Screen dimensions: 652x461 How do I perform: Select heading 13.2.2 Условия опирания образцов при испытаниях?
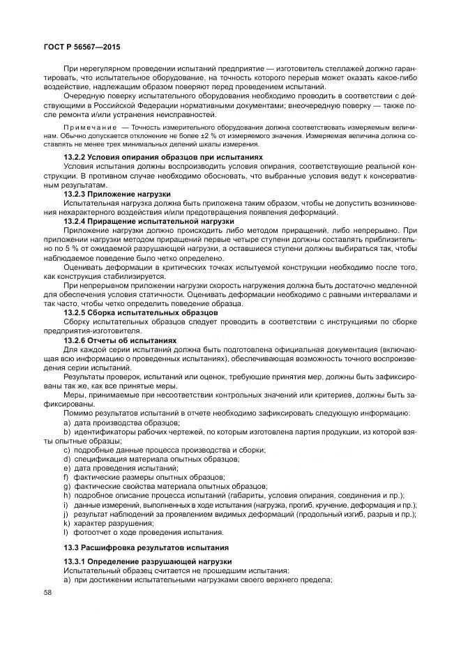(163, 158)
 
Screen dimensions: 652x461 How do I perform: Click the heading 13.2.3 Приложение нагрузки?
(116, 193)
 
